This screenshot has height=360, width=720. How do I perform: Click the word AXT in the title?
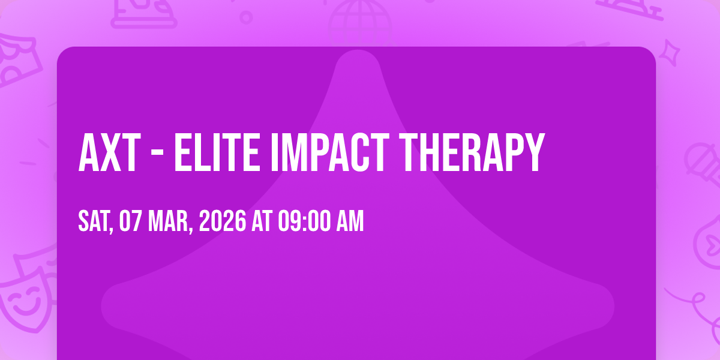[110, 152]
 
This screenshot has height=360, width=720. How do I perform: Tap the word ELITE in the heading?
[217, 152]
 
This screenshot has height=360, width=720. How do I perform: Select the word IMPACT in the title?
[330, 152]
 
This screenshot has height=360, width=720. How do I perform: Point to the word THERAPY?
[472, 152]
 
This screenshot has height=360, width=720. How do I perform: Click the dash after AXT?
[157, 154]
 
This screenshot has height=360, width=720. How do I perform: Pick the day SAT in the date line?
[95, 221]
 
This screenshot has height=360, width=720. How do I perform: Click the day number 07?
[130, 221]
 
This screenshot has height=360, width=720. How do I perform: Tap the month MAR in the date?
[170, 221]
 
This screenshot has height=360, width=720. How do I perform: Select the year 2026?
[223, 221]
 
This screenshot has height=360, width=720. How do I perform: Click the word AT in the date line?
[262, 221]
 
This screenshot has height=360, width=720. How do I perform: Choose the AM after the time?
[350, 221]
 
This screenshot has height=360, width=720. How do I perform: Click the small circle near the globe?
[246, 17]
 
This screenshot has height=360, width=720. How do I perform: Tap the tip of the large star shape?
[358, 50]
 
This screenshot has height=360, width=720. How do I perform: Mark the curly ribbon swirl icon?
[697, 308]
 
